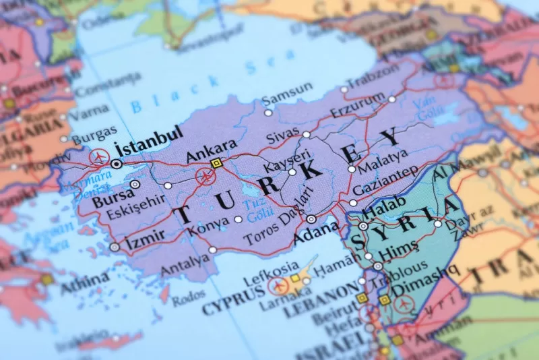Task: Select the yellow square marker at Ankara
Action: point(216,163)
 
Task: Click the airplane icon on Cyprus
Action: point(277,286)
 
